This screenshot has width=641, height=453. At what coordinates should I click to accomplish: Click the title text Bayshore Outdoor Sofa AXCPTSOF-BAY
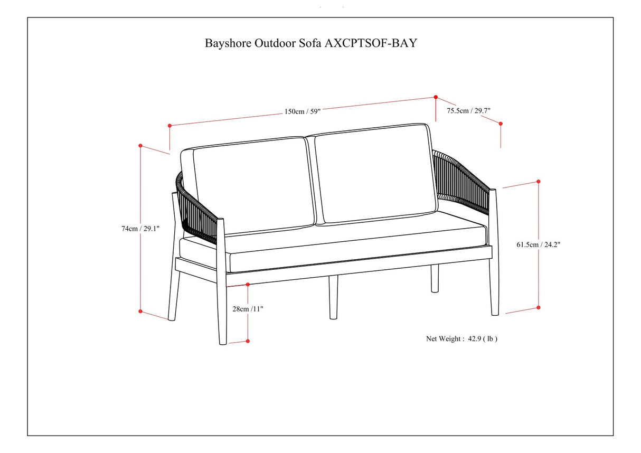coord(310,43)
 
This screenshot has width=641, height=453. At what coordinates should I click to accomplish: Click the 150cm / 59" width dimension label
coord(303,111)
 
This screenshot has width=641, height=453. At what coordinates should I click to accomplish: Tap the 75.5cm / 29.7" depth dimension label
coord(469,110)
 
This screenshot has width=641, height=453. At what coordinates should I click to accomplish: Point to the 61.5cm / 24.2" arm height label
coord(538,244)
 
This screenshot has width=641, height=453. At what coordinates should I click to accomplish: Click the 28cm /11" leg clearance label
coord(248,309)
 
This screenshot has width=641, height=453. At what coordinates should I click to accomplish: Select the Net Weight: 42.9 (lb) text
coord(461,339)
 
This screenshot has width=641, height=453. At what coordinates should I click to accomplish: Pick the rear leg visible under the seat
coord(435,279)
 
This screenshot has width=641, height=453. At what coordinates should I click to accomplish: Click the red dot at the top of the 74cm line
coord(140,145)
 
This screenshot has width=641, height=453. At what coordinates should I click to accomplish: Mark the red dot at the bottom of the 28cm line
coord(248,341)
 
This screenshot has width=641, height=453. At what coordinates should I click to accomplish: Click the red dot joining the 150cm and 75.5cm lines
coord(436,97)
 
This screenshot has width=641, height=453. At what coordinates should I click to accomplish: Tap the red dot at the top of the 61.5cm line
coord(539,181)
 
